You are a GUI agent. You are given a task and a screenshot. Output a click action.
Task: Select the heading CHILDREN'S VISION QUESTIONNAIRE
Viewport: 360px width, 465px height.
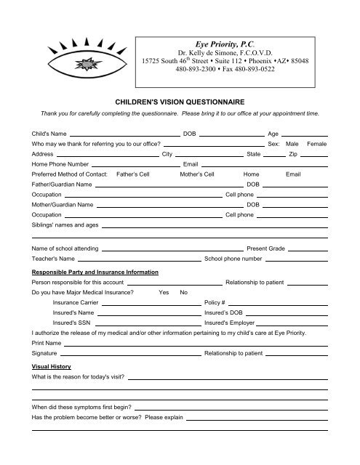coord(180,105)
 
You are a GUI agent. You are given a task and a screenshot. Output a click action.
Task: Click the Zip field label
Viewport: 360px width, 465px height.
coord(293,155)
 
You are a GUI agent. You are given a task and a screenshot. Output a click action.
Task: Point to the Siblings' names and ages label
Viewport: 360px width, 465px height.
coord(65,225)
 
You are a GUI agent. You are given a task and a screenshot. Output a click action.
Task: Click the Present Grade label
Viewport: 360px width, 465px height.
coord(265,248)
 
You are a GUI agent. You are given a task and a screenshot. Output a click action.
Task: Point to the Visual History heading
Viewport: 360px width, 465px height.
coord(50,368)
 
